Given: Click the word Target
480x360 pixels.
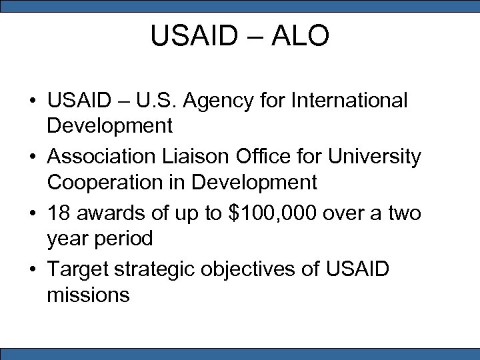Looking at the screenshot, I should point(79,270).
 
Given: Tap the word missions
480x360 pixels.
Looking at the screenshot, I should point(88,294).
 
